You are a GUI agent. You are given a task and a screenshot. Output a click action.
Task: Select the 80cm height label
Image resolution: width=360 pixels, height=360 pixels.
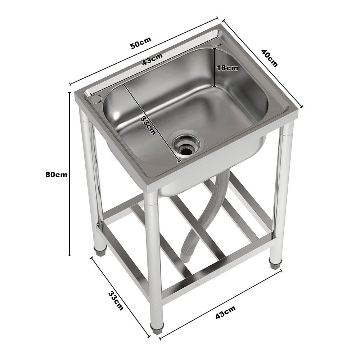[x=57, y=175]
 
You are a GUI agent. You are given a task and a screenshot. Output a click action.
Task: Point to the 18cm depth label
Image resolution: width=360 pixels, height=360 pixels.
[x=227, y=68]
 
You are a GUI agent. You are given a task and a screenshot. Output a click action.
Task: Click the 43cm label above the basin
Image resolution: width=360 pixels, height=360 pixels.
[x=152, y=60]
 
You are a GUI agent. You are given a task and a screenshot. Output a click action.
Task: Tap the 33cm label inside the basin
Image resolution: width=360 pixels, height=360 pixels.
[x=148, y=125]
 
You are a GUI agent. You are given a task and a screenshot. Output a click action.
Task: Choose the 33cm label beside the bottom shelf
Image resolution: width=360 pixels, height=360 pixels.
[x=116, y=301]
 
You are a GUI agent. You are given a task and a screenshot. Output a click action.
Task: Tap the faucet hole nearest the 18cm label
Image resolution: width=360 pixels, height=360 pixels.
[x=216, y=44]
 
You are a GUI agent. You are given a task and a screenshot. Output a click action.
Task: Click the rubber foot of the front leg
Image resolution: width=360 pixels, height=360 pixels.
[x=157, y=328]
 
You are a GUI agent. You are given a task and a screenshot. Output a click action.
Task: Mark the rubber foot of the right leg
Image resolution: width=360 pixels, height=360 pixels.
[x=275, y=265]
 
